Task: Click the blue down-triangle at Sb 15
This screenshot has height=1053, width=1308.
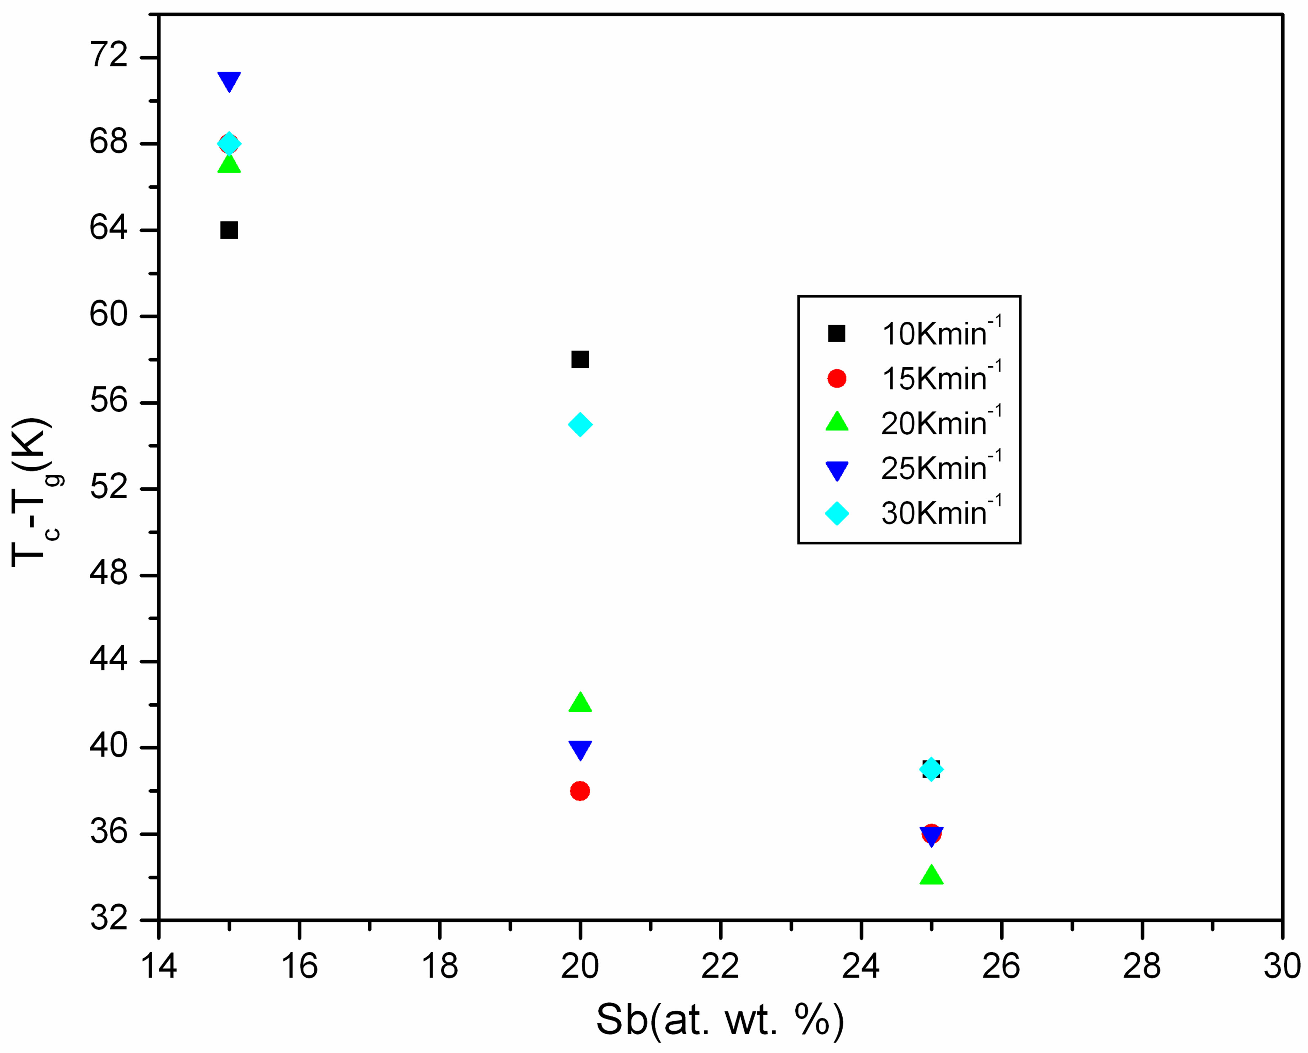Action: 229,81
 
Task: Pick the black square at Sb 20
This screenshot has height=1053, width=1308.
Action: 580,360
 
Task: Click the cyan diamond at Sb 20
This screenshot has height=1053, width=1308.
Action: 580,425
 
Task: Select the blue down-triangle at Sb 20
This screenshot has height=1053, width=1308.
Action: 580,750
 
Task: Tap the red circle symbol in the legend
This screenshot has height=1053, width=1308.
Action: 837,379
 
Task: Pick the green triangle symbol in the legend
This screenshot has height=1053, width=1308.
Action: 837,422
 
